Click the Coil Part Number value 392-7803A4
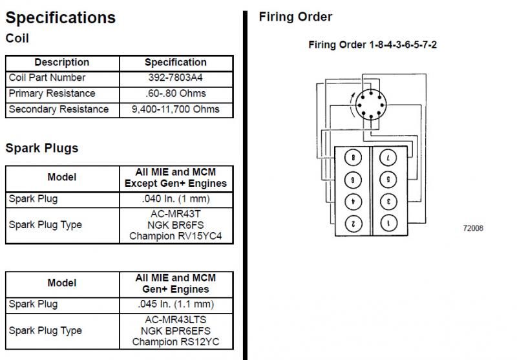pyautogui.click(x=175, y=78)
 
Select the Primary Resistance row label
pyautogui.click(x=52, y=94)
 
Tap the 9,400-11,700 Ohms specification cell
pyautogui.click(x=175, y=109)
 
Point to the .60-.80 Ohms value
pyautogui.click(x=175, y=94)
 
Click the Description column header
pyautogui.click(x=61, y=62)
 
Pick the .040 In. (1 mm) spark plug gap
pyautogui.click(x=175, y=199)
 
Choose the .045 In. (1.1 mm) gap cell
pyautogui.click(x=175, y=304)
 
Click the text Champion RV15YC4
pyautogui.click(x=175, y=236)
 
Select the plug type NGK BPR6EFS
pyautogui.click(x=175, y=330)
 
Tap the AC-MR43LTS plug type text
pyautogui.click(x=175, y=319)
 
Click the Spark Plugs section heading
pyautogui.click(x=42, y=148)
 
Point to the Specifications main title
pyautogui.click(x=61, y=17)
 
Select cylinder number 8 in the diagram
pyautogui.click(x=353, y=157)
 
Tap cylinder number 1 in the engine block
pyautogui.click(x=388, y=224)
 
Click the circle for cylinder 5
pyautogui.click(x=388, y=179)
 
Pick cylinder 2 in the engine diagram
pyautogui.click(x=353, y=224)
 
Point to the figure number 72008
pyautogui.click(x=472, y=228)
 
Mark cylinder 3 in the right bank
pyautogui.click(x=388, y=201)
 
